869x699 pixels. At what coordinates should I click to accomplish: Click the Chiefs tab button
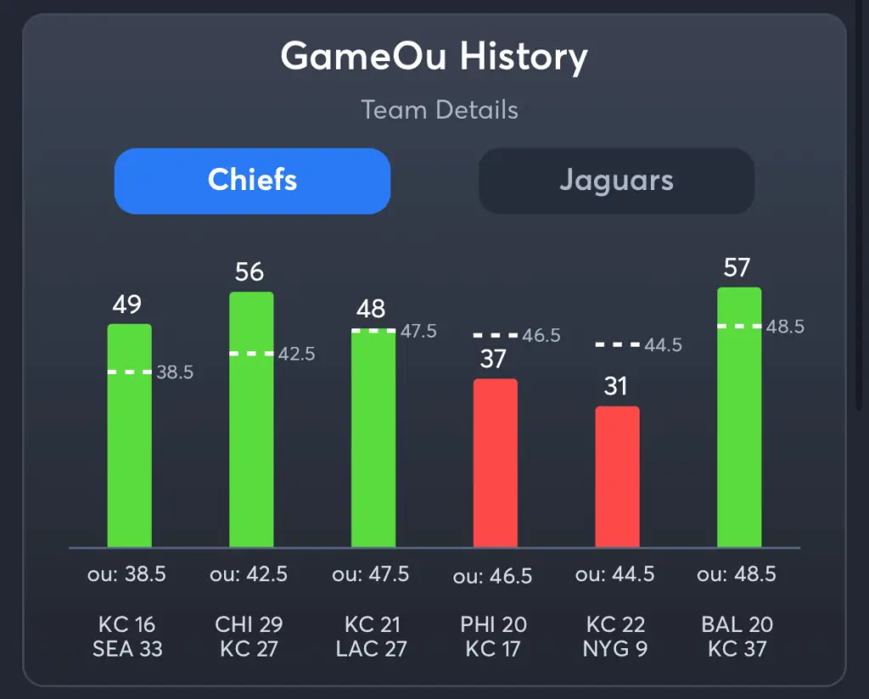pyautogui.click(x=252, y=181)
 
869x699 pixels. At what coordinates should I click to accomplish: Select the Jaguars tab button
pyautogui.click(x=616, y=181)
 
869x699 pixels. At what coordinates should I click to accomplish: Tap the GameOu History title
pyautogui.click(x=434, y=58)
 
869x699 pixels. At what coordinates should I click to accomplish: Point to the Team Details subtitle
pyautogui.click(x=439, y=110)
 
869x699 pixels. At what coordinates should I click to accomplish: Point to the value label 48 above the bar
pyautogui.click(x=371, y=308)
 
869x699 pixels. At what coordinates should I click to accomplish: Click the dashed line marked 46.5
pyautogui.click(x=495, y=336)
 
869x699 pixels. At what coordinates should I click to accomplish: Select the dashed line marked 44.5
pyautogui.click(x=617, y=344)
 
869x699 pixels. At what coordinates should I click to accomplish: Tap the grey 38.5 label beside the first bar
pyautogui.click(x=176, y=372)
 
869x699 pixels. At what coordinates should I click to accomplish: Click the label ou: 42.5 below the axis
pyautogui.click(x=249, y=574)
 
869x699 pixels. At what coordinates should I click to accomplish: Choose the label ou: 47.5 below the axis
pyautogui.click(x=371, y=574)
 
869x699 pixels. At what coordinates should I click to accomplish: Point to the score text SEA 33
pyautogui.click(x=126, y=649)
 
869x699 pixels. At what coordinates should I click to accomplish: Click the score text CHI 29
pyautogui.click(x=249, y=625)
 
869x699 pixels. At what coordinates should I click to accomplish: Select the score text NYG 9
pyautogui.click(x=615, y=649)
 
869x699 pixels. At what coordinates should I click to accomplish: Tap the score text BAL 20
pyautogui.click(x=737, y=625)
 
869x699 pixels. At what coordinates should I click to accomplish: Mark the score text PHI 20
pyautogui.click(x=493, y=625)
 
